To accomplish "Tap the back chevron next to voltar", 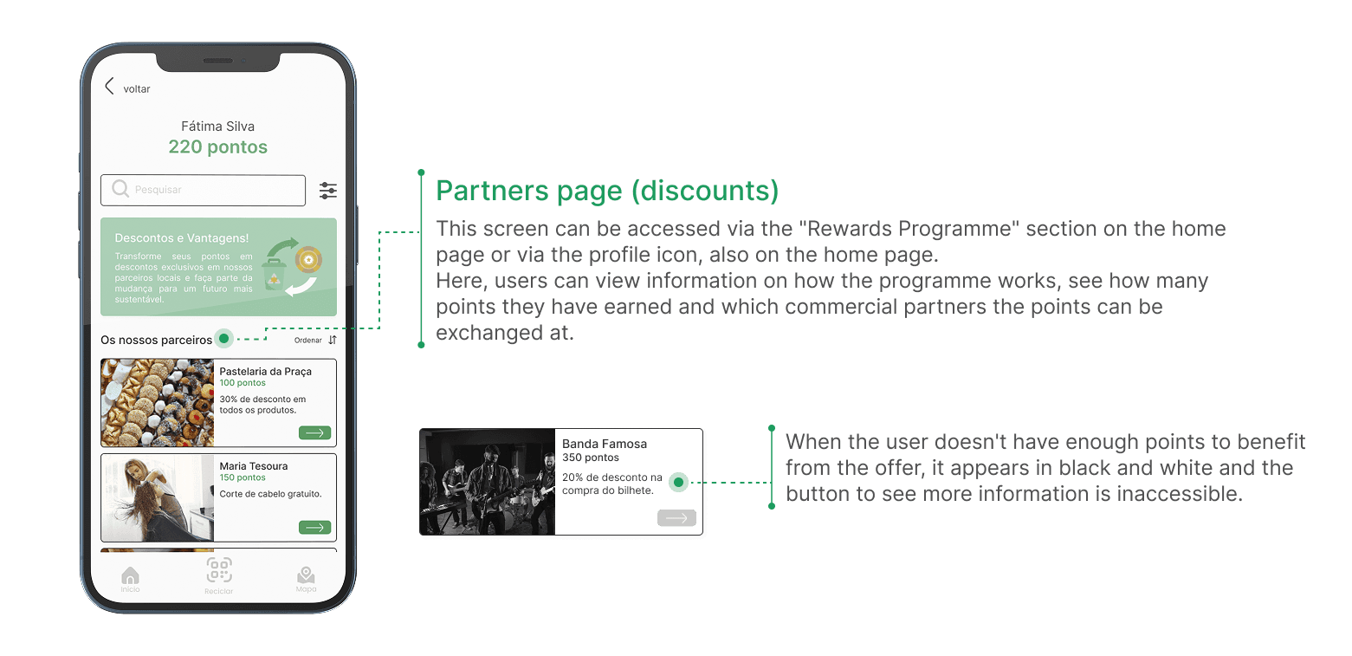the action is [x=109, y=86].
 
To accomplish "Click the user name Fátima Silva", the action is [x=217, y=127].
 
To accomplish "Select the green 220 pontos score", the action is [x=217, y=147].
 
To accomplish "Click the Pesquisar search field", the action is [x=204, y=190].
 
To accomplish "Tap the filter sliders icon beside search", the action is [x=328, y=191].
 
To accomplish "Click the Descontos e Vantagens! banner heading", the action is [x=182, y=237].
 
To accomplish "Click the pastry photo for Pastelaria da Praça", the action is [x=158, y=403].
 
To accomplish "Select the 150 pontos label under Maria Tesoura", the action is [x=243, y=477].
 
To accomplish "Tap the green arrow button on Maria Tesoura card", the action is [x=314, y=527].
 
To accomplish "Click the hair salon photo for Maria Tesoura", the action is [x=158, y=497].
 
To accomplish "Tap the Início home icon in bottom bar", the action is [x=131, y=577].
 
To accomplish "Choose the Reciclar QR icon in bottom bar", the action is [x=219, y=571].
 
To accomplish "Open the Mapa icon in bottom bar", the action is [x=306, y=577].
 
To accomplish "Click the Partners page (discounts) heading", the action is [x=607, y=192].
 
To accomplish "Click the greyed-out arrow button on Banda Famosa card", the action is [x=676, y=517].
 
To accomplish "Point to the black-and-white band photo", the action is [x=487, y=482].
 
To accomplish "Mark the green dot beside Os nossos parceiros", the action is [x=224, y=339].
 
